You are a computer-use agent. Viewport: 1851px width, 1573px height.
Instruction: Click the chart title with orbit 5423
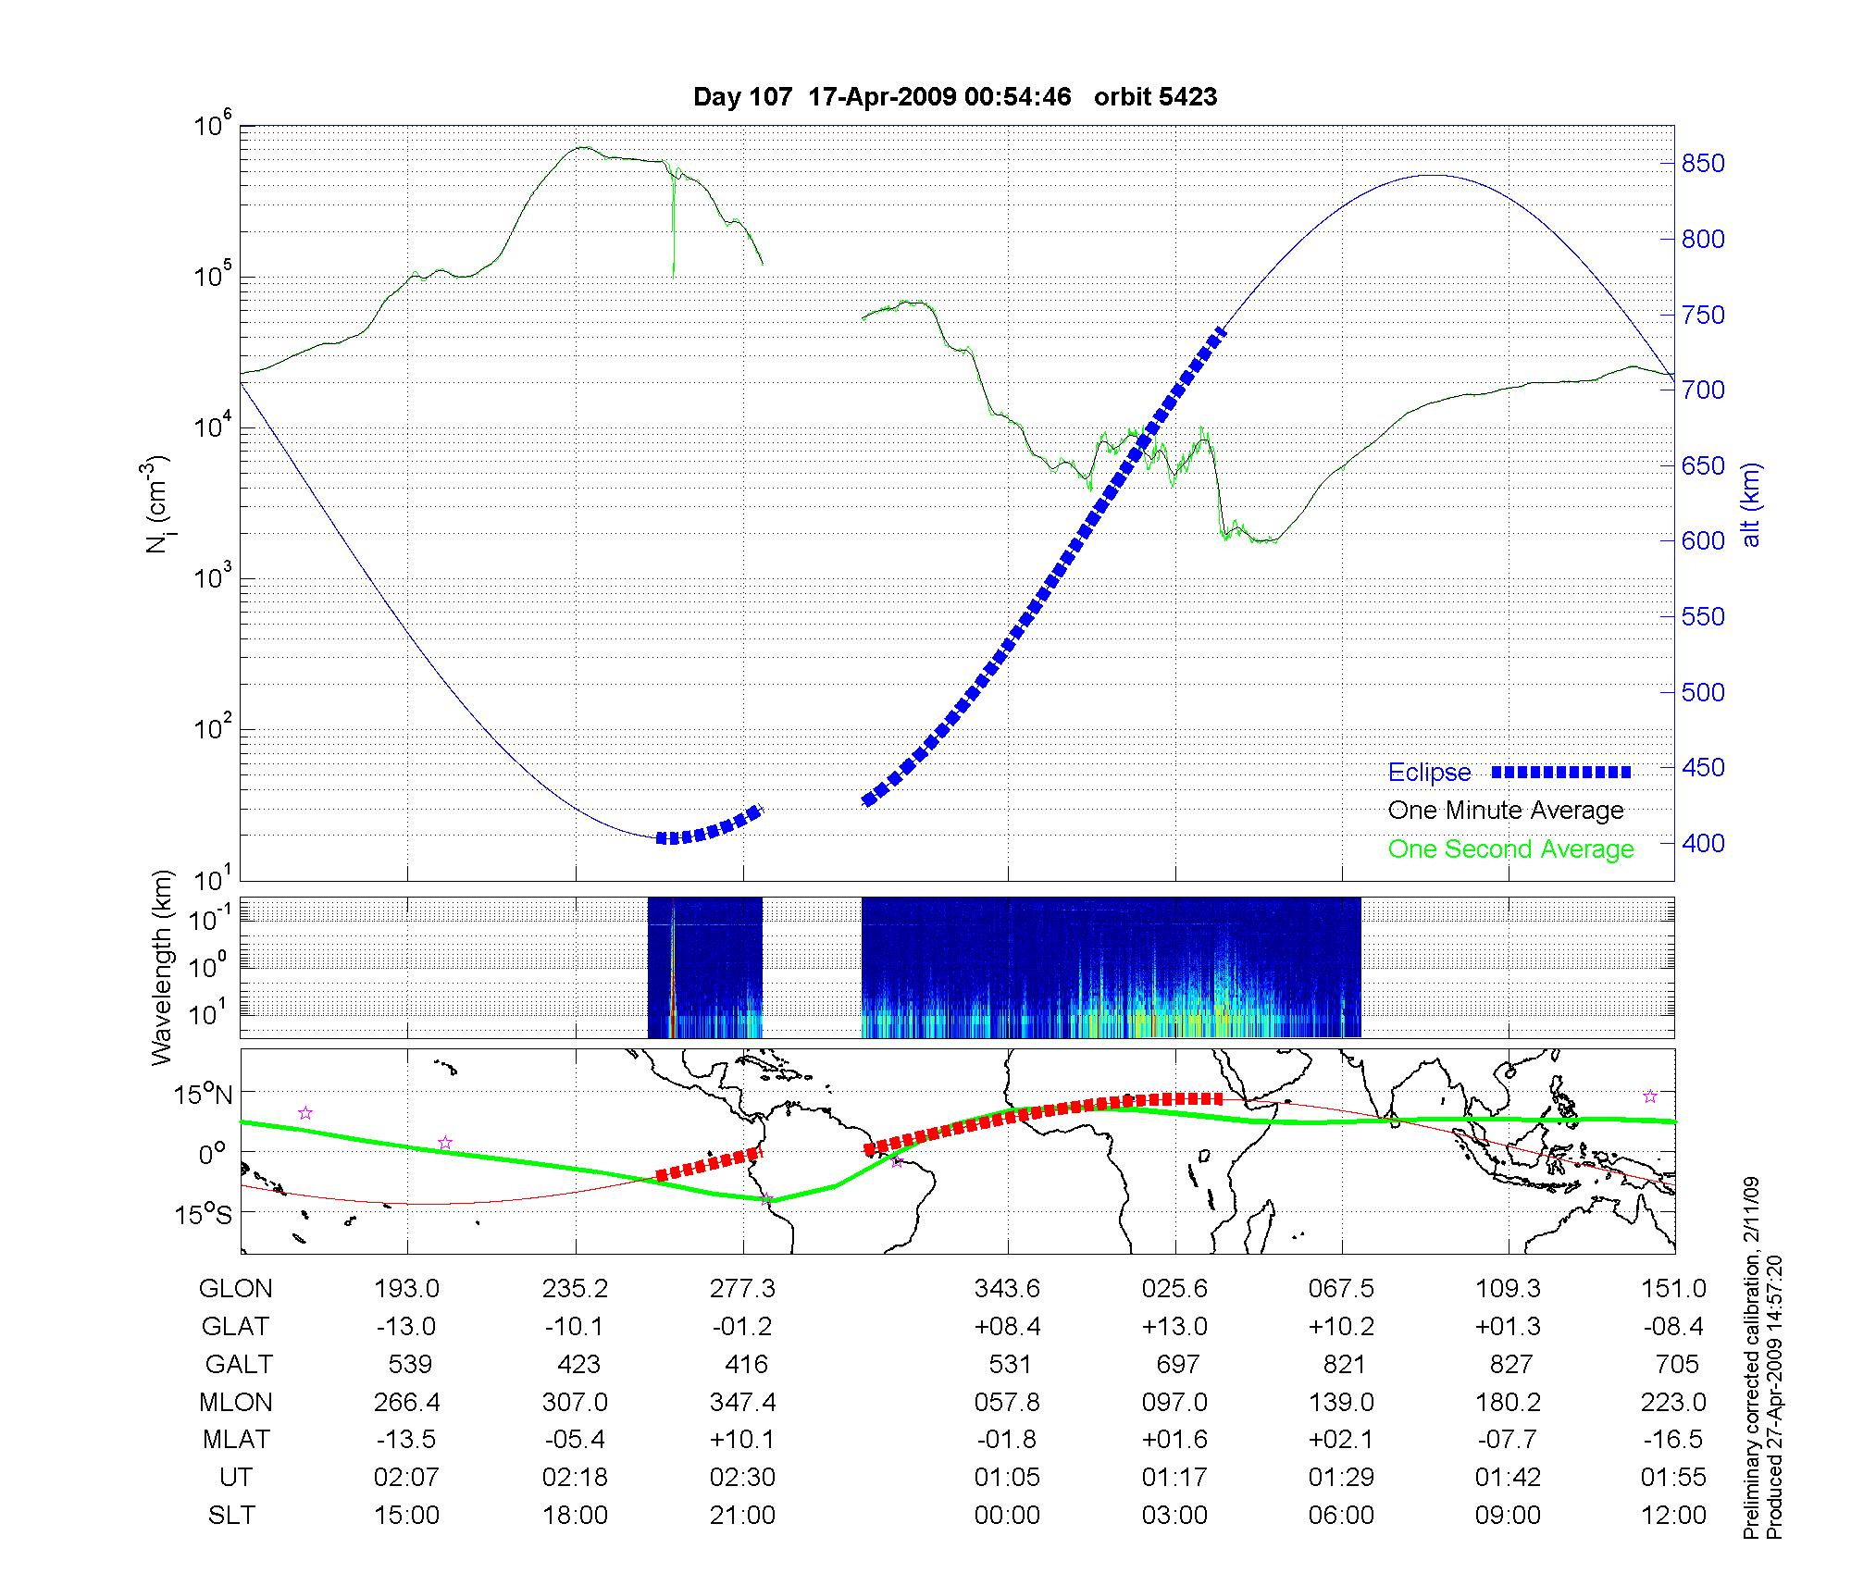coord(954,96)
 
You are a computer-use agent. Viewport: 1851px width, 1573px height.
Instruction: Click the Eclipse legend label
coord(1429,773)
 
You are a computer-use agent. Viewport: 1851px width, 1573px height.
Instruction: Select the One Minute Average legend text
coord(1506,811)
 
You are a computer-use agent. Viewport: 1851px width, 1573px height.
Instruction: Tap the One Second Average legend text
coord(1510,849)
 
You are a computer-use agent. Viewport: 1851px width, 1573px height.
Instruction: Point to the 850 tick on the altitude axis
coord(1703,164)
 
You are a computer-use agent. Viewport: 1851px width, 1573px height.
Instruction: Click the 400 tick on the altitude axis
coord(1703,844)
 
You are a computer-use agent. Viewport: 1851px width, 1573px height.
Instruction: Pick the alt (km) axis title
coord(1751,504)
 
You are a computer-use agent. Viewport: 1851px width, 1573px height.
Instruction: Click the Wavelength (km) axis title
coord(163,967)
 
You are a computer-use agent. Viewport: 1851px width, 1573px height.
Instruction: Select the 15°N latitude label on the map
coord(203,1096)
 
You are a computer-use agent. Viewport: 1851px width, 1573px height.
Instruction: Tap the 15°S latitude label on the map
coord(203,1214)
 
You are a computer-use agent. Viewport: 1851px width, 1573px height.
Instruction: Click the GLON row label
coord(236,1289)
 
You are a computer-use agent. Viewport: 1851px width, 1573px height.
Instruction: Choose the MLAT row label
coord(236,1440)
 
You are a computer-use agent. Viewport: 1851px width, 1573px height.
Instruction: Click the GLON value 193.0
coord(406,1289)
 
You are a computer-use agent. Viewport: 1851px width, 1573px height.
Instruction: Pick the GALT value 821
coord(1344,1365)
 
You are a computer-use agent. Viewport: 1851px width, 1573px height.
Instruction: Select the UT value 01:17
coord(1174,1478)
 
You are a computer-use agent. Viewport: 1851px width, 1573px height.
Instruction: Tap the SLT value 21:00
coord(742,1516)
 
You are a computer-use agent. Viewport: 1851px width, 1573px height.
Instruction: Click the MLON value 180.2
coord(1509,1403)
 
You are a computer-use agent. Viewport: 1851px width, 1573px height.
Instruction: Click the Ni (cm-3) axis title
coord(157,504)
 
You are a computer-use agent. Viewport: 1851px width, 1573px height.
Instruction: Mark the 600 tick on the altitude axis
coord(1703,541)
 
